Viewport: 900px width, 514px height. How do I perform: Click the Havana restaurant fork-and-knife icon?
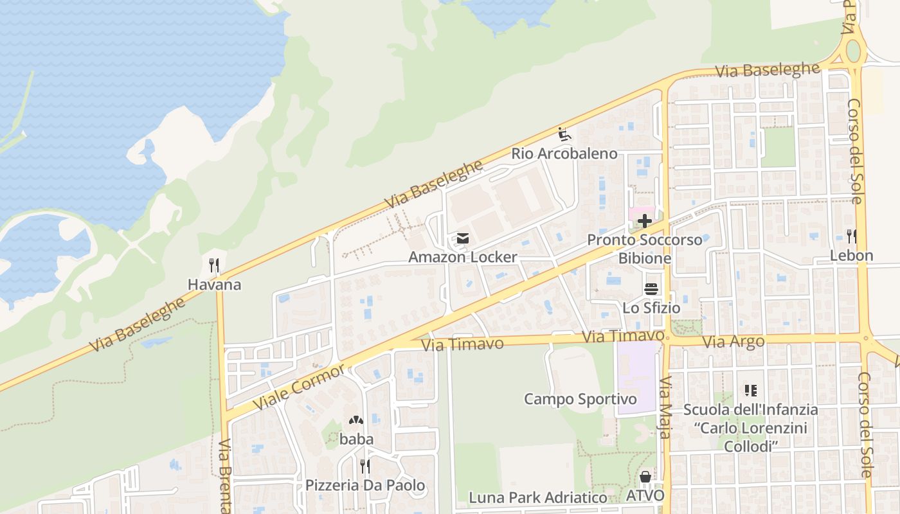[x=214, y=265]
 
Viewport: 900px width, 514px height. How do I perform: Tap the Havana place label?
[x=214, y=284]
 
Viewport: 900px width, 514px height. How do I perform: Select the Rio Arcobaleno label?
[x=564, y=154]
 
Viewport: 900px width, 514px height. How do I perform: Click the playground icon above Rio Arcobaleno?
[x=564, y=134]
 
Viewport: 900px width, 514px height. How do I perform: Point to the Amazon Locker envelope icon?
[x=462, y=238]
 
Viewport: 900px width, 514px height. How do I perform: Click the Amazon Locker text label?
[x=462, y=257]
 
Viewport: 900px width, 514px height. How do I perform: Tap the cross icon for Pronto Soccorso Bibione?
[x=644, y=222]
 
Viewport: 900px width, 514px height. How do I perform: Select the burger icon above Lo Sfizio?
[x=651, y=289]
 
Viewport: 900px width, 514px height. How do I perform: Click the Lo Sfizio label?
[x=651, y=308]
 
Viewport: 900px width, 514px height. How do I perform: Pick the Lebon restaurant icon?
[x=851, y=236]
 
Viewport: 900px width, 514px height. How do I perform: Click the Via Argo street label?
[x=733, y=342]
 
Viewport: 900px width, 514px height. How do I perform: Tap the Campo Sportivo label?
[x=580, y=399]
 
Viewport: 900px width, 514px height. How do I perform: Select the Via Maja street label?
[x=665, y=407]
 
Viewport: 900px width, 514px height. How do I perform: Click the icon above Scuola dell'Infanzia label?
[x=750, y=390]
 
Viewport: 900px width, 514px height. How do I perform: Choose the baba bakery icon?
[x=356, y=420]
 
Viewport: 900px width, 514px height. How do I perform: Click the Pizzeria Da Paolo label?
[x=364, y=485]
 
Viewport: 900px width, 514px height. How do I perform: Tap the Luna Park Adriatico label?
[x=537, y=497]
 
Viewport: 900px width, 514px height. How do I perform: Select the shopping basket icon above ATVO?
[x=645, y=477]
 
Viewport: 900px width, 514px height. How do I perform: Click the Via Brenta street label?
[x=224, y=475]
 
